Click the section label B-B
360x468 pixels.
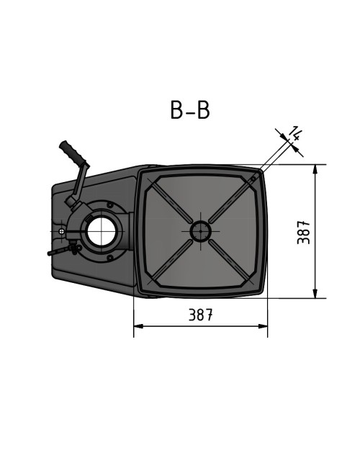[190, 110]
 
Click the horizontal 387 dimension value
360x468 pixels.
[200, 315]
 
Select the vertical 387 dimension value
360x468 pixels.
[304, 232]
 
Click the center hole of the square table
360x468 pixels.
[200, 231]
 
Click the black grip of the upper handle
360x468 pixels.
[73, 153]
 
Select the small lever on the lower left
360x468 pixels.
[61, 251]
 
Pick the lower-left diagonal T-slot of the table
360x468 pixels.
[170, 262]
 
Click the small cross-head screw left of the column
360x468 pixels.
[63, 231]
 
